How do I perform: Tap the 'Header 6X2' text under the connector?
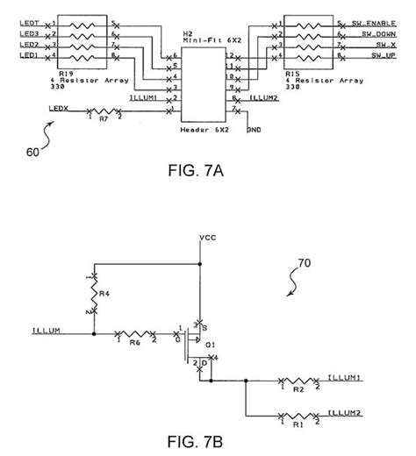coord(204,127)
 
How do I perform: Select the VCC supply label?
coord(207,238)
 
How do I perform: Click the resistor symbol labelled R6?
coord(136,335)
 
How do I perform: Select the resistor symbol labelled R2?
coord(294,381)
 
